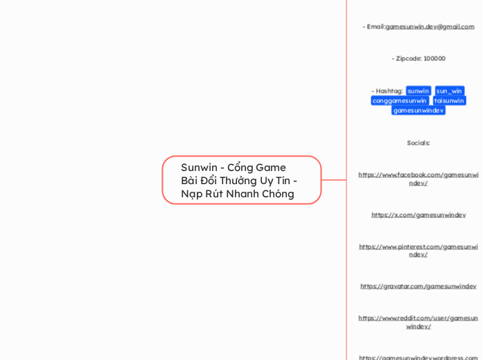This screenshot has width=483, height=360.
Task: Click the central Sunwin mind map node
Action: click(241, 180)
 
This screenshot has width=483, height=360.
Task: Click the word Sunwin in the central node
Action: click(198, 168)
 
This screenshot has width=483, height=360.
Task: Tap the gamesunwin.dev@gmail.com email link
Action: click(430, 27)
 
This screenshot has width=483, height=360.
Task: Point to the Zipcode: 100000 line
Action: click(418, 59)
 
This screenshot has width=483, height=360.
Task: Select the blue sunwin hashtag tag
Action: click(418, 91)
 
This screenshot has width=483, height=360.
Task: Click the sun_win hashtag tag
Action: click(449, 91)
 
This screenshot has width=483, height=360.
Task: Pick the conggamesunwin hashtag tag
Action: click(399, 100)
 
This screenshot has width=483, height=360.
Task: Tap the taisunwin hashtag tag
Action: click(449, 100)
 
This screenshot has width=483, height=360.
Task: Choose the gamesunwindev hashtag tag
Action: click(418, 110)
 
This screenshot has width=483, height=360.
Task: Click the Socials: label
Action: click(418, 143)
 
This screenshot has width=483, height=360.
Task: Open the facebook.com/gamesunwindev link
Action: click(418, 179)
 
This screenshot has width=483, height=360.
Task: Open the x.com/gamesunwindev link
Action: click(418, 215)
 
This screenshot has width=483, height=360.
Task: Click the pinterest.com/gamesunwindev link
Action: click(418, 250)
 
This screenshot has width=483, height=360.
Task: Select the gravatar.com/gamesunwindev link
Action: click(418, 286)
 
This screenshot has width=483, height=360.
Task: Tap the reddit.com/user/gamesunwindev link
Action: click(418, 322)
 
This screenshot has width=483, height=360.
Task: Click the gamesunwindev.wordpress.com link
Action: click(418, 357)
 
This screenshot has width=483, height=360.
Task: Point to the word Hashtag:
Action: click(389, 91)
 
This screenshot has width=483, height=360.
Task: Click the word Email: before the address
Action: click(375, 27)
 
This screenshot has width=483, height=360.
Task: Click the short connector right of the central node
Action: click(333, 180)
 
